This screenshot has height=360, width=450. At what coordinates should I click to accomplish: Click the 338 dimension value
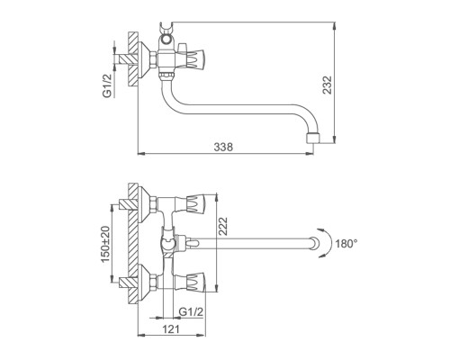click(223, 147)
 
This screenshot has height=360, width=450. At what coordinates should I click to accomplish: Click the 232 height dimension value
click(328, 85)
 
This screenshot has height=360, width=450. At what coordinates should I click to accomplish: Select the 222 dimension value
click(223, 226)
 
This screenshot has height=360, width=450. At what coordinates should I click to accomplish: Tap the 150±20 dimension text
click(105, 244)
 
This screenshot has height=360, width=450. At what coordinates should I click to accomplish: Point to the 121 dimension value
click(171, 329)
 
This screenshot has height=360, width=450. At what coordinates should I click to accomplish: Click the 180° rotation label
click(346, 244)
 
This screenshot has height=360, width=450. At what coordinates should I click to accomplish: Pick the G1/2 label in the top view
click(107, 85)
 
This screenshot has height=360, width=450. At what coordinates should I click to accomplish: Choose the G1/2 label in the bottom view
click(191, 312)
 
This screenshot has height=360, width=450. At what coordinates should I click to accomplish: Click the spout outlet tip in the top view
click(313, 139)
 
